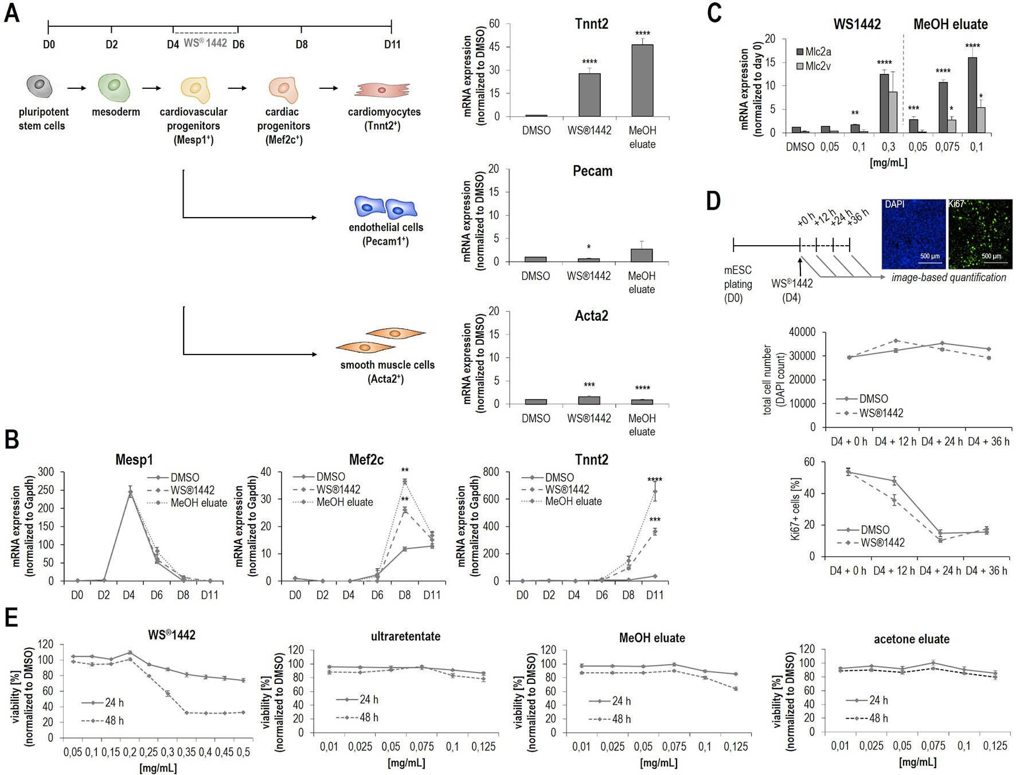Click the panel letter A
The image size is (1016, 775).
(x=12, y=13)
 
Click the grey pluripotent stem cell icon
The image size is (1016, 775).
(x=40, y=85)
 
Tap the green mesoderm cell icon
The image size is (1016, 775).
(x=114, y=87)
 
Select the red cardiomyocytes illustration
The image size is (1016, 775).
(x=382, y=89)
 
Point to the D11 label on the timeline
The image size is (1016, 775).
(x=392, y=45)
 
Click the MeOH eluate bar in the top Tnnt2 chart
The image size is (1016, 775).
(x=642, y=81)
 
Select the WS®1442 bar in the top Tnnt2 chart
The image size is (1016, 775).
(x=589, y=95)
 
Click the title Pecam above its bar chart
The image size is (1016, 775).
(x=592, y=171)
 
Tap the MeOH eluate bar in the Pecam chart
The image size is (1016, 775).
(x=642, y=255)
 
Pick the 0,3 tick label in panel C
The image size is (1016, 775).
(x=888, y=147)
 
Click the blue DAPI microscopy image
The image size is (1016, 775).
(x=913, y=234)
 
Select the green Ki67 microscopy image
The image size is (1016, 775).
(x=980, y=234)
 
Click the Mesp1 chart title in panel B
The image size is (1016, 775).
(x=134, y=460)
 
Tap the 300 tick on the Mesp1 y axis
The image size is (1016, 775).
(x=46, y=472)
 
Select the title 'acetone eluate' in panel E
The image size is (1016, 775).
(x=911, y=639)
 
